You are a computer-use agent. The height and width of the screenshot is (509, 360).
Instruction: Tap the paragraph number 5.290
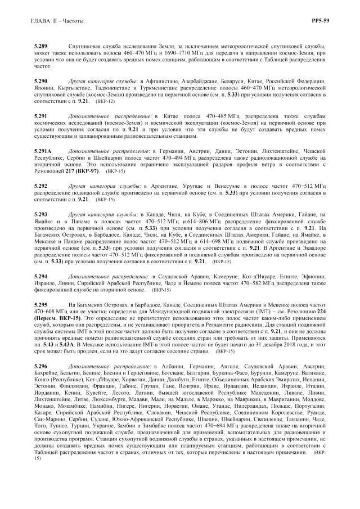pos(40,82)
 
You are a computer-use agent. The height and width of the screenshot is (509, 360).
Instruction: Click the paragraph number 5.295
pos(40,304)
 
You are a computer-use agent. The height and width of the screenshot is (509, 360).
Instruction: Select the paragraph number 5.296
pos(40,367)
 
